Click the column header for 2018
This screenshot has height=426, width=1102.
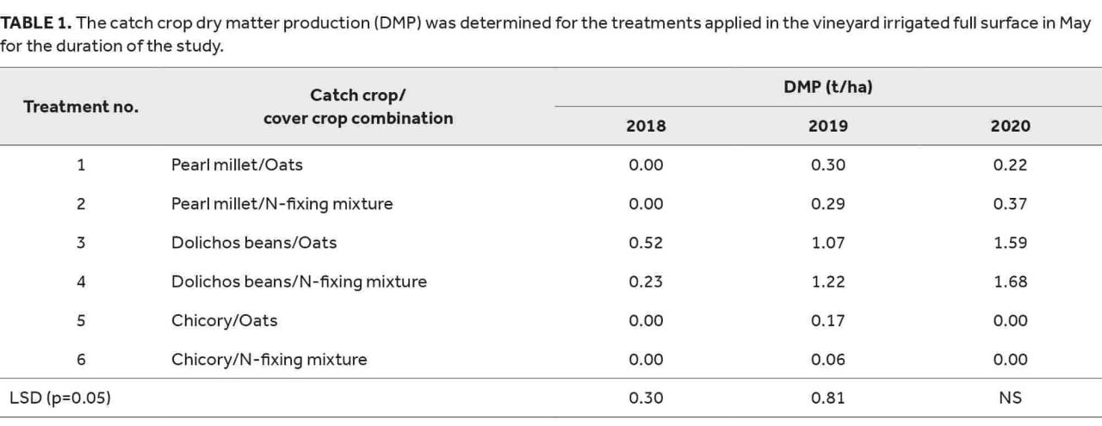646,126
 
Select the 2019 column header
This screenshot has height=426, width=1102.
828,126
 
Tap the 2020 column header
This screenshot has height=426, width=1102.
1011,126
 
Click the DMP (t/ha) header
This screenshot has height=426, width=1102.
828,87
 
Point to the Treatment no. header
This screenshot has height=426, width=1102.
81,107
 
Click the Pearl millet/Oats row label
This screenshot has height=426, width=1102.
237,164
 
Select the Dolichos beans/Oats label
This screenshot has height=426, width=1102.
254,243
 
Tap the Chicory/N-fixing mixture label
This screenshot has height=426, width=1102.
269,360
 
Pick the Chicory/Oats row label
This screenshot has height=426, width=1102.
225,321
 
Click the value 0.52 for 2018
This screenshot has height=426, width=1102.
646,243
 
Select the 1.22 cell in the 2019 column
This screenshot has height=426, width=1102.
828,282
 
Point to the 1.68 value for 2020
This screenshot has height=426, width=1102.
1011,282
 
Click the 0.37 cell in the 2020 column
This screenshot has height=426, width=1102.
1011,204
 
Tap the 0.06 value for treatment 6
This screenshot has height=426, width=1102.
828,360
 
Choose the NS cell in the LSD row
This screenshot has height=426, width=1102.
1011,398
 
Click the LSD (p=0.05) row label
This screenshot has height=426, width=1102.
60,398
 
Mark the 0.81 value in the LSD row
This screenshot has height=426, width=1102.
828,398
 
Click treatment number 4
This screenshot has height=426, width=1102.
81,282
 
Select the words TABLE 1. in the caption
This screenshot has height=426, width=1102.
36,23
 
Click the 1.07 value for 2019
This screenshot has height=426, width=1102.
828,243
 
